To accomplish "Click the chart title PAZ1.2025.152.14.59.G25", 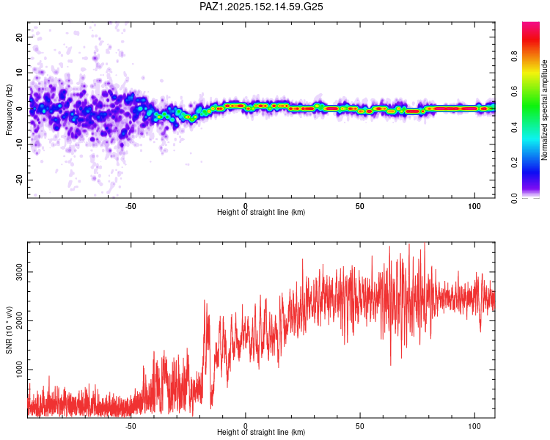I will click(262, 7).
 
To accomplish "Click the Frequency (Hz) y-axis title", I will click(9, 109).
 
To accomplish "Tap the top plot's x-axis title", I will click(261, 213).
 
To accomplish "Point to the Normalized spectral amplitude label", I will click(544, 109).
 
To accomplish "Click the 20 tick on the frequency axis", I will click(20, 37).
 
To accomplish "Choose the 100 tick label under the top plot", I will click(474, 205).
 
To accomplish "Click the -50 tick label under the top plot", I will click(131, 205).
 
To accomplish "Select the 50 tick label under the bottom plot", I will click(360, 425).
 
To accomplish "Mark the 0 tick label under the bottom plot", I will click(246, 425).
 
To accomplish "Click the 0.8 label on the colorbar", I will click(514, 56).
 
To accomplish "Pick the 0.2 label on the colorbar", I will click(514, 162).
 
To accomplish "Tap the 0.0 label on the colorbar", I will click(514, 197).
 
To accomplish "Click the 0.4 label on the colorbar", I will click(514, 127).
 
